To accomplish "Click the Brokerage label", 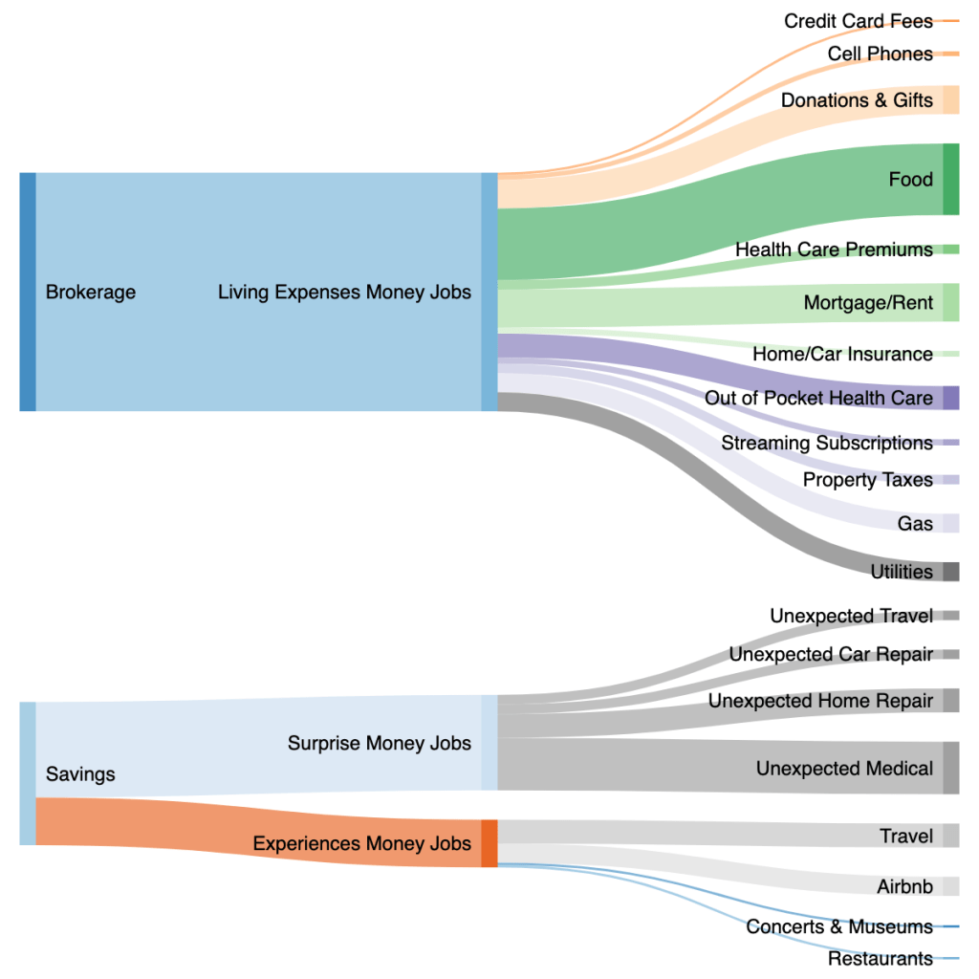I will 91,292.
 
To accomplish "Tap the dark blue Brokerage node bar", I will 28,292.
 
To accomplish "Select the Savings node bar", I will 28,773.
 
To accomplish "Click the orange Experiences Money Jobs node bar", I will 489,843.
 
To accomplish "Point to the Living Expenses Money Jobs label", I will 344,292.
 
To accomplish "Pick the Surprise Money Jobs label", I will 380,743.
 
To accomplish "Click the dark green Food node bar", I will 950,179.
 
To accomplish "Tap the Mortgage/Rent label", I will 868,303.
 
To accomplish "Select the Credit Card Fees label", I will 859,21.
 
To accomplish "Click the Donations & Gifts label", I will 857,100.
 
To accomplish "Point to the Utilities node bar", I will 950,572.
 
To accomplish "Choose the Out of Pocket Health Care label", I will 818,398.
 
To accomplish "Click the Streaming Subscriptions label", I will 827,443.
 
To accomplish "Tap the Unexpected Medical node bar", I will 950,768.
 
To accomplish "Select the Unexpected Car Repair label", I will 831,655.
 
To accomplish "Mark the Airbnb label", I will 904,887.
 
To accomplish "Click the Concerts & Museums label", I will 839,926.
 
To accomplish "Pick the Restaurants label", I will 881,958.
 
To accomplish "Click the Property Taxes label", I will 868,480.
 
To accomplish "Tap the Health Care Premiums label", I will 834,250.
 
